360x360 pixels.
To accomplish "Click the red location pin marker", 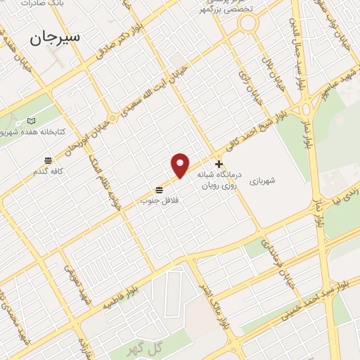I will pyautogui.click(x=181, y=165).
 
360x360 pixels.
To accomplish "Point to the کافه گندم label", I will pyautogui.click(x=49, y=171).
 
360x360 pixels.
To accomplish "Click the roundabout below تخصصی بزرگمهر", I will pyautogui.click(x=247, y=24).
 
